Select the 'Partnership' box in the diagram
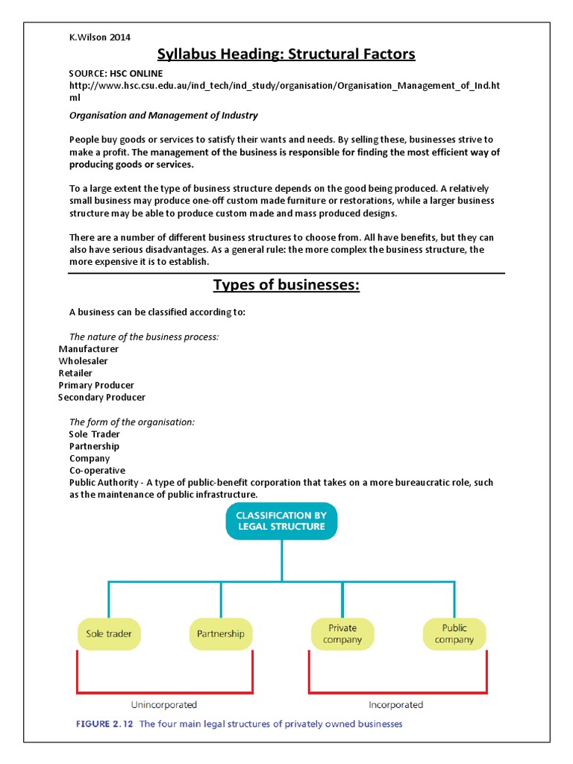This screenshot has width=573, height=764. coord(220,633)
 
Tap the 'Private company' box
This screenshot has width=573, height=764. coord(342,633)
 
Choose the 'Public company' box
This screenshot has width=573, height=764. coord(454,633)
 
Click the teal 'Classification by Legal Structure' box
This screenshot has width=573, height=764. coord(281,520)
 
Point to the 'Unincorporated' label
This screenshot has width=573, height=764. coord(164,704)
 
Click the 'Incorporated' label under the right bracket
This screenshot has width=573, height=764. coord(395,704)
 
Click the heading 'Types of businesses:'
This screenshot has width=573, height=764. coord(286,285)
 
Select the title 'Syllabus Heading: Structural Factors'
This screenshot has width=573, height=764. coord(286,54)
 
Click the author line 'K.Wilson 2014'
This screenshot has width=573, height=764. coord(100,37)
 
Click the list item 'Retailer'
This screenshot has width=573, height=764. coord(75,373)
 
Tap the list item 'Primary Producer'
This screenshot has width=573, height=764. coord(96,385)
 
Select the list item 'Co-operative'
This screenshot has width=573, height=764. coord(97,471)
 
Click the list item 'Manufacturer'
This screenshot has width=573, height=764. coord(89,349)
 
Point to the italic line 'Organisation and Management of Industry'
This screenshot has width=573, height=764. coord(163,116)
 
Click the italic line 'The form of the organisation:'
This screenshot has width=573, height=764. coord(131,422)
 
